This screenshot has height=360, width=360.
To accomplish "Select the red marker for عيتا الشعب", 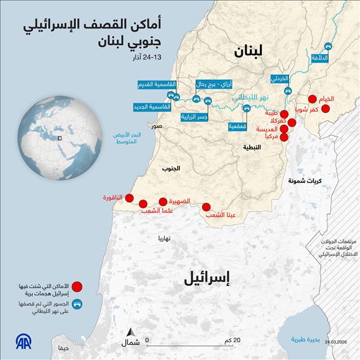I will (207, 207).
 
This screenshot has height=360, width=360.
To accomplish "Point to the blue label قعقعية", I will (238, 126).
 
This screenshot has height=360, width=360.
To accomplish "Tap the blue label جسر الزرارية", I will (195, 117).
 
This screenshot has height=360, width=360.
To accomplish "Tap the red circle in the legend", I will (77, 286).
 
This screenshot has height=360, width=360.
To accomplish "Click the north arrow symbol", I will (131, 334).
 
